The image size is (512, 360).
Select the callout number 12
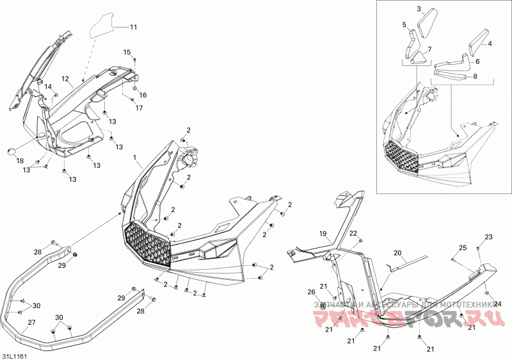click(x=65, y=79)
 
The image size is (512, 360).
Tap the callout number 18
click(x=19, y=161)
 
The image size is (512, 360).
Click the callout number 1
click(x=134, y=157)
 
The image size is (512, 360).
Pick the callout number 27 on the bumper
click(x=31, y=322)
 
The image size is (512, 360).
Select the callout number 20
click(x=397, y=253)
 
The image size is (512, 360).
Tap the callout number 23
click(x=488, y=237)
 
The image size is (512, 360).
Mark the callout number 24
click(x=497, y=304)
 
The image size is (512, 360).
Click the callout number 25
click(x=463, y=248)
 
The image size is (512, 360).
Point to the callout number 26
click(x=312, y=292)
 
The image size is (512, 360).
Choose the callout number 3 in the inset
click(x=419, y=9)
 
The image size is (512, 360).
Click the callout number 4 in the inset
click(x=490, y=44)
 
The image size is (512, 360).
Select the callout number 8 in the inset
click(x=474, y=77)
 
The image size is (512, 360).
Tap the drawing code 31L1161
click(x=13, y=354)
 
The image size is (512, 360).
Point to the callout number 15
click(x=127, y=52)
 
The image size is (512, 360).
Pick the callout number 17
click(x=139, y=108)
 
